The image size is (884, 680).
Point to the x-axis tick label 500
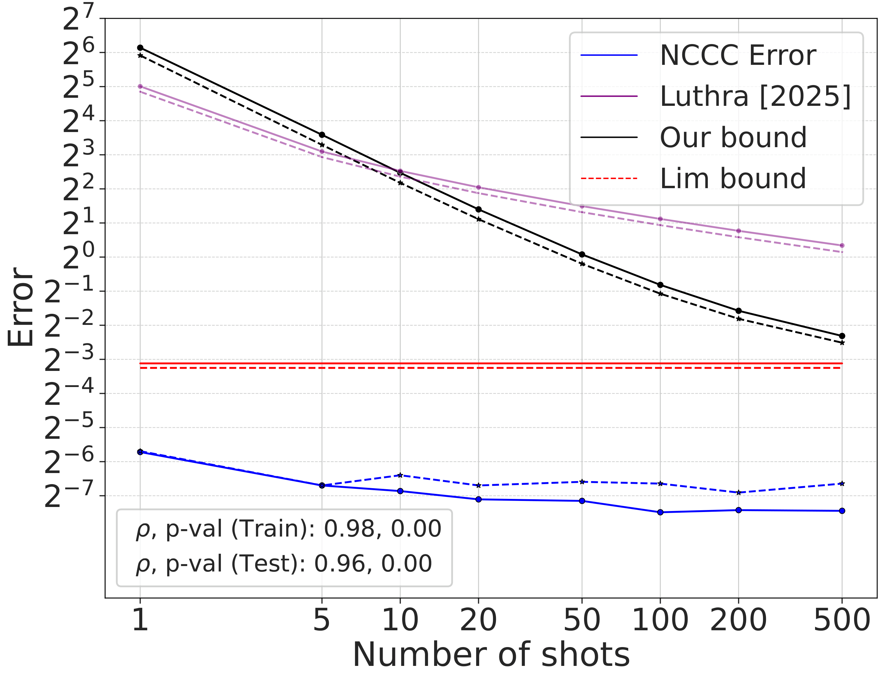pos(842,620)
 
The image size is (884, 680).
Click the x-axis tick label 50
pos(582,620)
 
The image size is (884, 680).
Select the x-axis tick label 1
pos(140,620)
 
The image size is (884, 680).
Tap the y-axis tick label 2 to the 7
pos(78,18)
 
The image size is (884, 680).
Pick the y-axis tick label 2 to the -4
pos(69,393)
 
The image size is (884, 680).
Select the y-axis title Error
pos(20,307)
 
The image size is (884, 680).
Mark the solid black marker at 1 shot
pos(140,48)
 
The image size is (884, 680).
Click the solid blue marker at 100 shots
pos(660,512)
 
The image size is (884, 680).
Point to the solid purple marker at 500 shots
pos(842,246)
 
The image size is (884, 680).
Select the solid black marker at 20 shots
pos(478,209)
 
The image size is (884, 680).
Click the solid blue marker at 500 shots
pos(842,511)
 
